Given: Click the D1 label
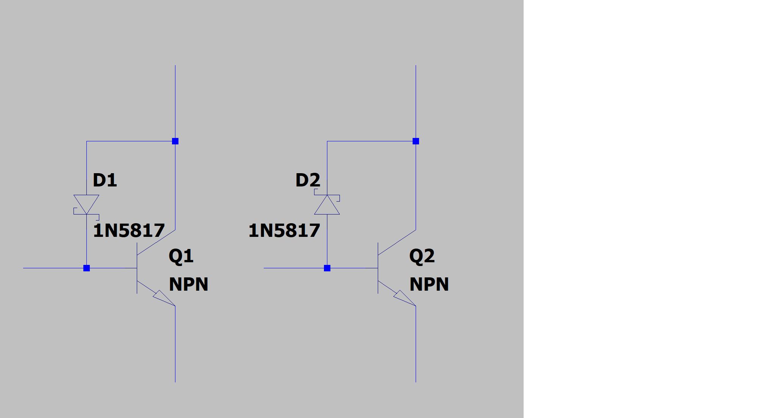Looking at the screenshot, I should [x=105, y=180].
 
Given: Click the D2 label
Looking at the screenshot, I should [x=308, y=180].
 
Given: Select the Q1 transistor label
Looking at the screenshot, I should [x=181, y=256].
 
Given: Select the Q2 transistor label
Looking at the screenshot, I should [x=422, y=256].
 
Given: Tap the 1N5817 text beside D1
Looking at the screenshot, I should [x=129, y=230].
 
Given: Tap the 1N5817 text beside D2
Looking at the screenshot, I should [x=284, y=230].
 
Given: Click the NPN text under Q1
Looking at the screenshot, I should [x=188, y=284].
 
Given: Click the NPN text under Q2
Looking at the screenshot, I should [x=429, y=284].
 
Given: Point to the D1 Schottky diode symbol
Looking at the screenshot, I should [x=86, y=205].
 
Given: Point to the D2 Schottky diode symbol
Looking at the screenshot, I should [x=327, y=205].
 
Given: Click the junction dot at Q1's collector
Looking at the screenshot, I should [x=175, y=141].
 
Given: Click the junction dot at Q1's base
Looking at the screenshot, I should [x=86, y=268].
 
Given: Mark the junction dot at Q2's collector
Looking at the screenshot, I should [x=416, y=141].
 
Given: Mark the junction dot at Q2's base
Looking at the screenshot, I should [x=327, y=268].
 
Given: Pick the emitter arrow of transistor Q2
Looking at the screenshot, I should [x=404, y=298].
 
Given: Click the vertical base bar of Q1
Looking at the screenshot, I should [x=137, y=268].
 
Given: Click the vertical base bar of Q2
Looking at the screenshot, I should [x=378, y=268].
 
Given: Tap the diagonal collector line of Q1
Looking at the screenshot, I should [x=156, y=242].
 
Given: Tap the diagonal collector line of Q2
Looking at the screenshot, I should [x=397, y=242].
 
